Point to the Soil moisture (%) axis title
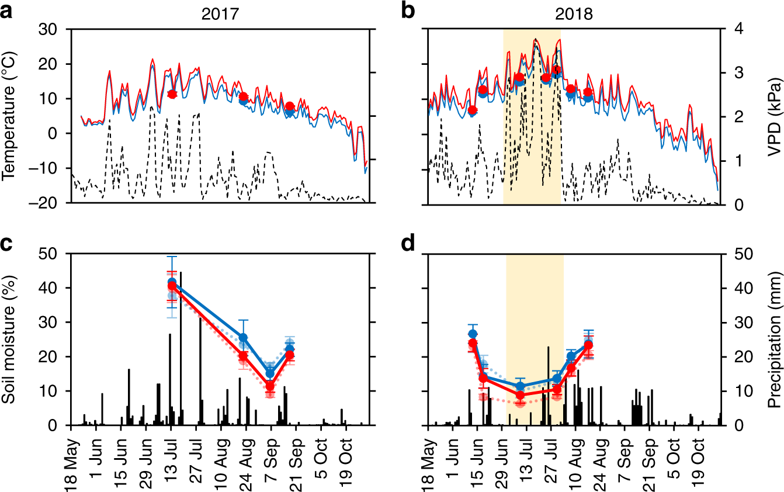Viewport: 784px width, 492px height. pos(9,339)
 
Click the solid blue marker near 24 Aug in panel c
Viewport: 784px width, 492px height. pos(244,338)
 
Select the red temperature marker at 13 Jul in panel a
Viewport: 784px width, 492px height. pos(172,94)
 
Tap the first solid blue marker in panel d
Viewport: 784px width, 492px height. pos(473,334)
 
